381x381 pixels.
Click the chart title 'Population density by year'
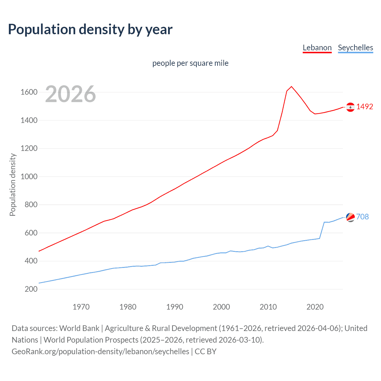90,29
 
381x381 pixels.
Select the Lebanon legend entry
317,48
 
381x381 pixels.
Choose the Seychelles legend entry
355,48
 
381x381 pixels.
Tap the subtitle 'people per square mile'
190,63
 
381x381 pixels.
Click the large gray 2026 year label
71,94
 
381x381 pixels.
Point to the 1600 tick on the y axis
29,92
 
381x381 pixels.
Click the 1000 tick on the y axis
29,177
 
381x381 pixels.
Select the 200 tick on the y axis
31,289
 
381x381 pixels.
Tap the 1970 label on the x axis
81,307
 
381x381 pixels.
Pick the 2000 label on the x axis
221,307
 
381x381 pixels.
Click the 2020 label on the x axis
315,307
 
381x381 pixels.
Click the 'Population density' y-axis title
13,185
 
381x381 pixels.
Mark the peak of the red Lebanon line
291,87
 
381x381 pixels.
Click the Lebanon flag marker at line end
350,107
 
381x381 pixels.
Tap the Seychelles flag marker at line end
350,217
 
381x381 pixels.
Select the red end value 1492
365,107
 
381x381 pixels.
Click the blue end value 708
362,217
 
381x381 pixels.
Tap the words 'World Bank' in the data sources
79,328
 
